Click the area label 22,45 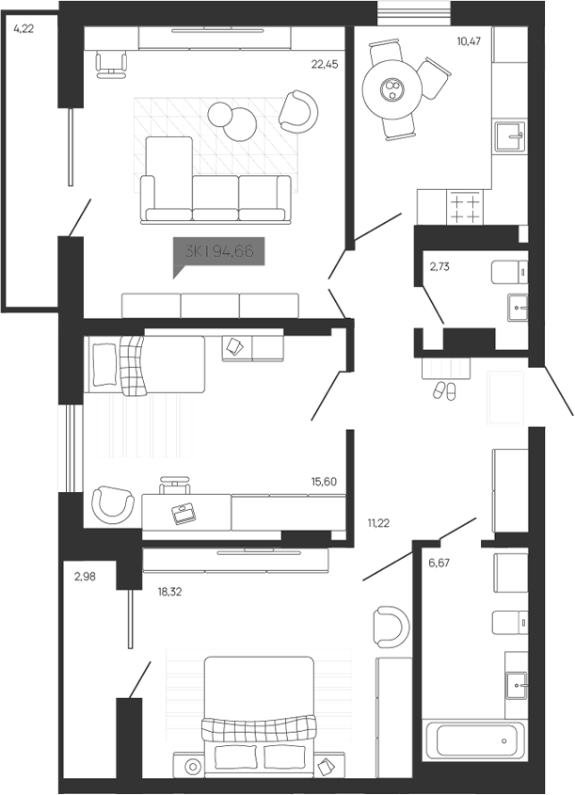point(325,64)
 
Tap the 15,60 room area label point(324,481)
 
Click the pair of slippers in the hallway point(443,390)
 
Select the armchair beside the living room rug point(298,111)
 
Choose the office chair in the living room point(112,62)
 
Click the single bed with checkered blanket point(146,365)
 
